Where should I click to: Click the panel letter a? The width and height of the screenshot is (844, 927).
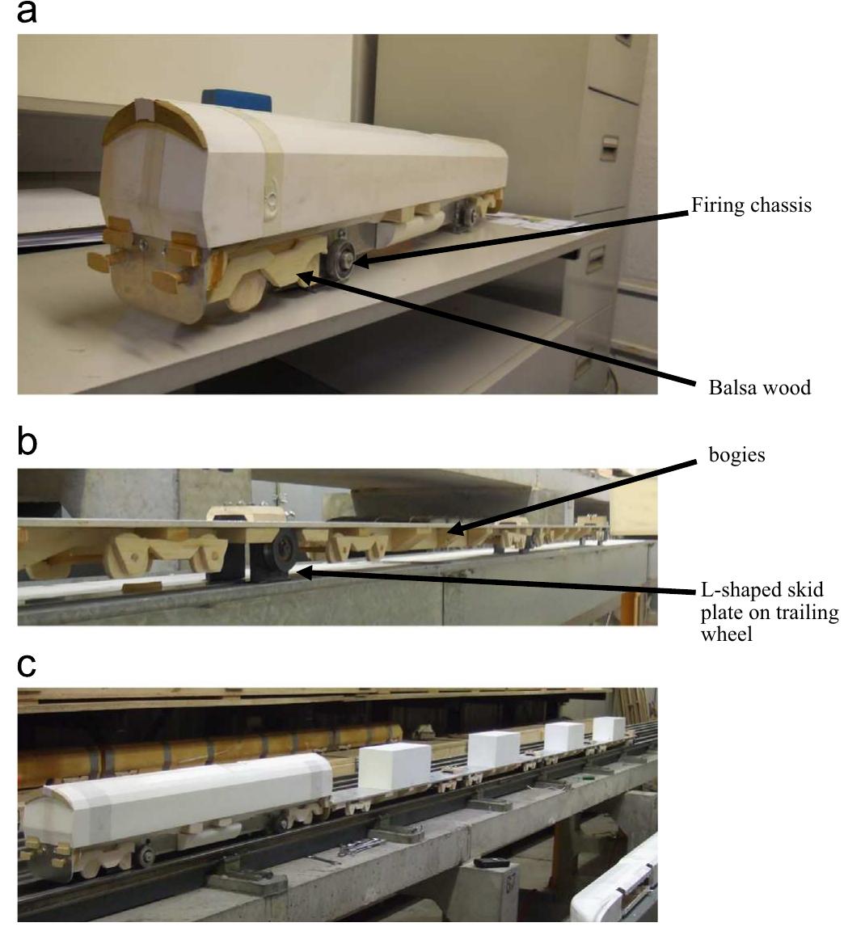27,12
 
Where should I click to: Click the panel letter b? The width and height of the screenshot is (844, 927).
27,442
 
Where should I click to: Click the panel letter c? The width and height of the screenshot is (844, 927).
27,665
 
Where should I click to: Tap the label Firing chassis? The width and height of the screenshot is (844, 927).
751,205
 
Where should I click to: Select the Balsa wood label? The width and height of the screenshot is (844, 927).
759,387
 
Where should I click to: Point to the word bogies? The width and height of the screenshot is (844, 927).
736,455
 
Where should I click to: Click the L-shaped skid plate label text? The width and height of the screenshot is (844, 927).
769,612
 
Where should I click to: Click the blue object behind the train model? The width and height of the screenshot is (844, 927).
236,100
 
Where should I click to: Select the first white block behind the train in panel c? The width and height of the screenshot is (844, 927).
394,767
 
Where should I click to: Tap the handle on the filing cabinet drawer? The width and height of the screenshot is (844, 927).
610,148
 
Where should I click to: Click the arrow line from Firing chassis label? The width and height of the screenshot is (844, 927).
523,237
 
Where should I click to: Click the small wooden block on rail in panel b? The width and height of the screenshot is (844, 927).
141,587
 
